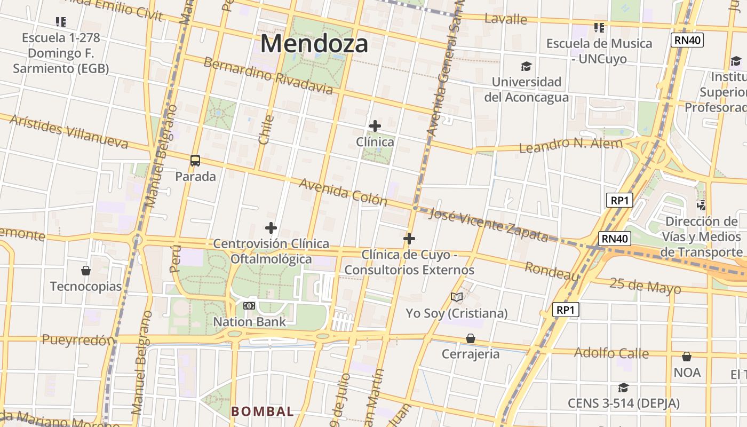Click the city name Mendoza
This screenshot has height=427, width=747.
tap(314, 44)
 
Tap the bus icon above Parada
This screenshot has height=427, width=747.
tap(195, 160)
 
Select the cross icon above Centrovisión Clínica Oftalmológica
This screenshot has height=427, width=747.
tap(271, 228)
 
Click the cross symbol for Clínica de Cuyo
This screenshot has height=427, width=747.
tap(409, 239)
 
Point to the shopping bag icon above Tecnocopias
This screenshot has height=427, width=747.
tap(86, 271)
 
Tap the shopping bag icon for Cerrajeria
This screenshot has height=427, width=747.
tap(470, 338)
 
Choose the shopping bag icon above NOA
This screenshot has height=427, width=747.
tap(687, 356)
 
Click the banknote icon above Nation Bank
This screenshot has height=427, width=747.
tap(249, 306)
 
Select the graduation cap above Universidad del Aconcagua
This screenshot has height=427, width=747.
tap(527, 66)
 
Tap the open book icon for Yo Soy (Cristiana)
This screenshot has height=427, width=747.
tap(457, 297)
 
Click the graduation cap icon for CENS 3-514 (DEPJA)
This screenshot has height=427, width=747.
tap(623, 388)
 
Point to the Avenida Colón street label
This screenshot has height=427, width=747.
tap(343, 192)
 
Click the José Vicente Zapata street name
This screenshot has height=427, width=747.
tap(488, 225)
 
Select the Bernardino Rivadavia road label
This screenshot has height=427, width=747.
tap(268, 75)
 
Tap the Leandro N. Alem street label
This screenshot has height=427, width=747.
tap(571, 145)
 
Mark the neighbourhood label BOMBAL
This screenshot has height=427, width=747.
tap(262, 412)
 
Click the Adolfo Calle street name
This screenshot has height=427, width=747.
tap(611, 353)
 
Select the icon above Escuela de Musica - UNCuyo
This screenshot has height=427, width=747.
tap(599, 27)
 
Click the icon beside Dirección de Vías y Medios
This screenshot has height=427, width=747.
tap(701, 205)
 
